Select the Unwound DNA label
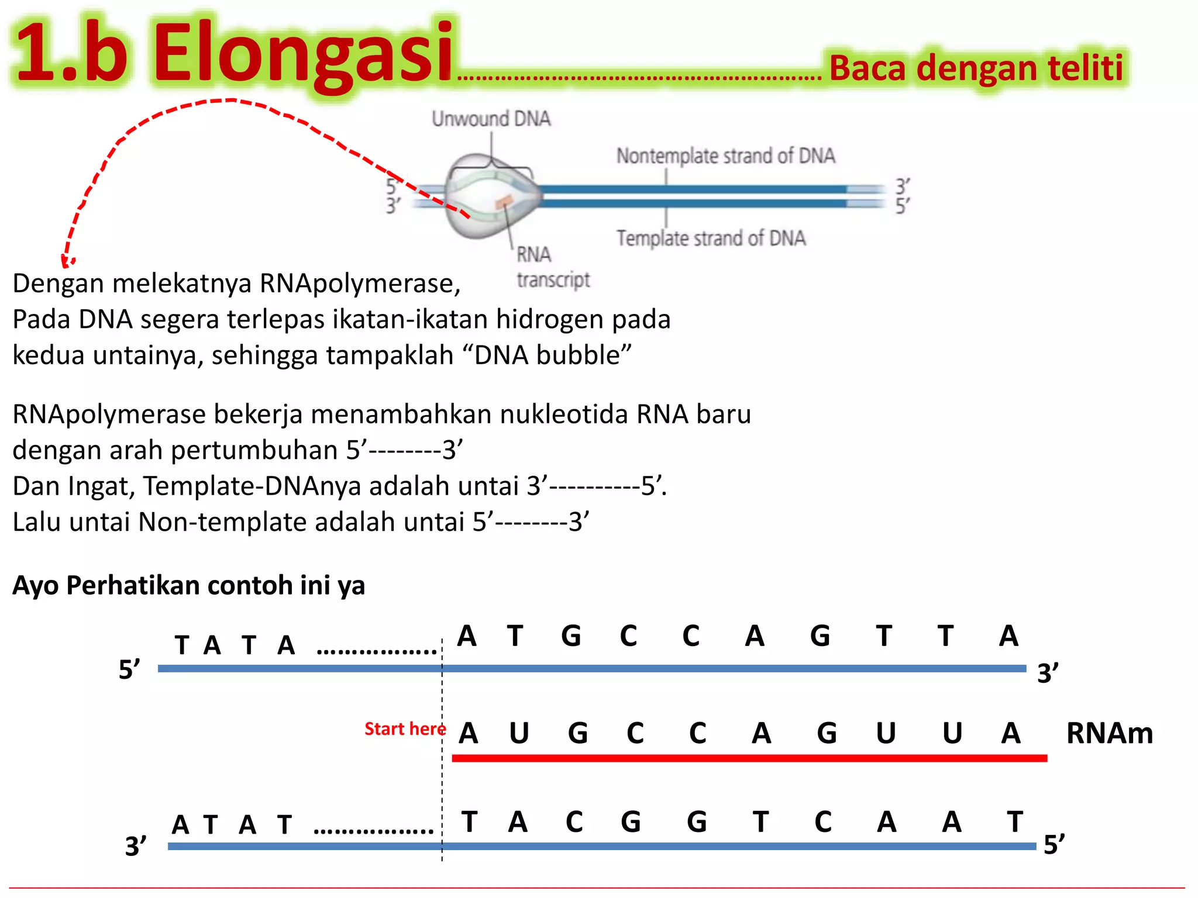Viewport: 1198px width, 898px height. click(x=491, y=119)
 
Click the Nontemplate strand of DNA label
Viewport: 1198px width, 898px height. click(x=725, y=156)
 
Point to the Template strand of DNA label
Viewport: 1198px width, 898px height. click(x=711, y=239)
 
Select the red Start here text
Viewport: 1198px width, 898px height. click(x=405, y=729)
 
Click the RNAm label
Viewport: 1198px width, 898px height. click(x=1109, y=733)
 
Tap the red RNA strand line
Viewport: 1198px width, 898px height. click(x=749, y=758)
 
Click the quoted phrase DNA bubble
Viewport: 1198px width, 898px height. click(x=553, y=355)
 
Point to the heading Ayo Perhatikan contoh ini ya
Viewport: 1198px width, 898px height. click(x=188, y=585)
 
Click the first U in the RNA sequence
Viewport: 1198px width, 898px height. click(x=519, y=733)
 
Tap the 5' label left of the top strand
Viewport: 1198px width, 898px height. click(x=129, y=669)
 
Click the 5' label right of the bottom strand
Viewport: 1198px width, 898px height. click(x=1054, y=845)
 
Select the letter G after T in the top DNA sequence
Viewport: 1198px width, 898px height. click(x=571, y=636)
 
